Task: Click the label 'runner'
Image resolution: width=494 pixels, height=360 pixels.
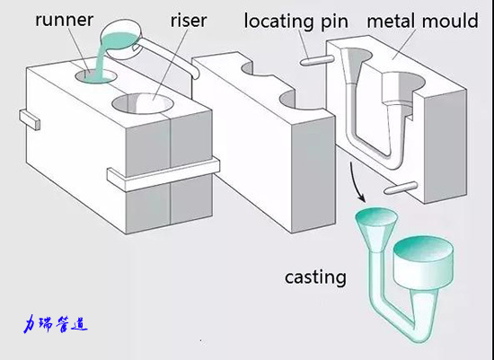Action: click(x=65, y=20)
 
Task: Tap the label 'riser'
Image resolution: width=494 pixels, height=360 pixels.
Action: click(x=189, y=21)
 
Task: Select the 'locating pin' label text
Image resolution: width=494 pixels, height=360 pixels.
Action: click(x=296, y=22)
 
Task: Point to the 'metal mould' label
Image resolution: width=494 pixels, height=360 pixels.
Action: click(x=422, y=22)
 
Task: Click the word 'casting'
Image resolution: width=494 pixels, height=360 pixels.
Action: click(x=315, y=277)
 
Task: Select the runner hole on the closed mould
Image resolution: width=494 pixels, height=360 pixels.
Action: click(x=96, y=76)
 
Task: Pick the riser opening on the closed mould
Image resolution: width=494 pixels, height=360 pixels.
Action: click(x=143, y=103)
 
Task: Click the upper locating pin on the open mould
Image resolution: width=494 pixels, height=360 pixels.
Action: click(x=316, y=60)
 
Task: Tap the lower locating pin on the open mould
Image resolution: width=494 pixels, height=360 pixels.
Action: click(x=401, y=188)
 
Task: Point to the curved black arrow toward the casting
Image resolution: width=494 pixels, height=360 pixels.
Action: click(x=356, y=182)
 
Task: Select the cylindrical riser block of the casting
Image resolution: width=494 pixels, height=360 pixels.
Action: click(x=424, y=262)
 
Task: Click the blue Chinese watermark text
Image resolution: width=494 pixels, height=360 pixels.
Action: click(x=56, y=324)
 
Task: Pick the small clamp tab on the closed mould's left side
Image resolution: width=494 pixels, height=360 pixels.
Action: click(x=30, y=119)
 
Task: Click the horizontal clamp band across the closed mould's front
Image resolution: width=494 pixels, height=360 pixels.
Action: click(x=163, y=175)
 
